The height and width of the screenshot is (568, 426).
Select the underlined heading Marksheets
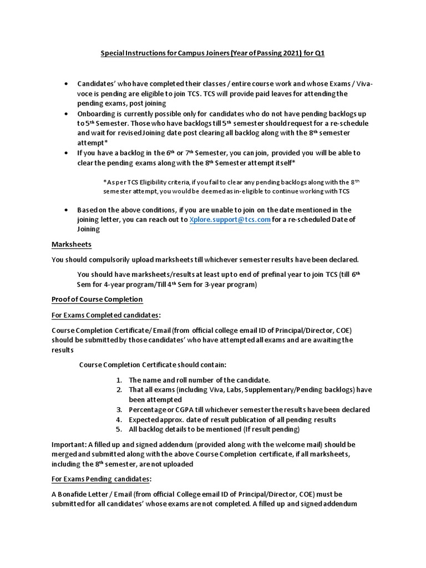coord(72,244)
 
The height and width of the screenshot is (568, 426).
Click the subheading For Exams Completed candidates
coord(105,315)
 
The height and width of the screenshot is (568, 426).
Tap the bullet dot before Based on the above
coord(67,210)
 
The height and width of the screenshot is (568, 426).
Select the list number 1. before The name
coord(119,380)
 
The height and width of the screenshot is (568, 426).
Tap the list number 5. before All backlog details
coord(119,429)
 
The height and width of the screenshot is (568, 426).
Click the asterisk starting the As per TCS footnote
coord(105,181)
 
